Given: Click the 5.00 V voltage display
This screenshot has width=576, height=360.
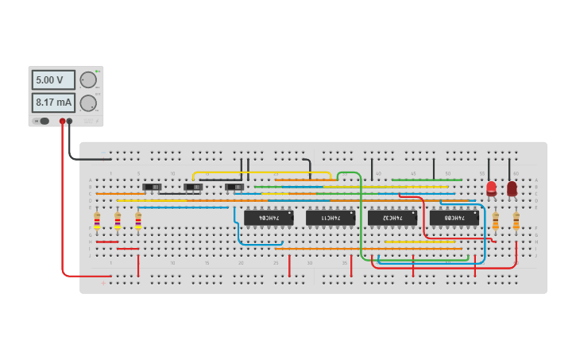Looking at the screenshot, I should point(53,80).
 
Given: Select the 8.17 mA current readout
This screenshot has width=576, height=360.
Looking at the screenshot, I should point(53,103).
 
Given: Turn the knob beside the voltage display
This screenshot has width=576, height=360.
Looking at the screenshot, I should point(88,80).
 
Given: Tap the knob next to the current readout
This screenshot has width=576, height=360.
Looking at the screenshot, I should point(88,103).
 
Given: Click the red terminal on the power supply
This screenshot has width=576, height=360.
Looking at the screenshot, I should point(62,122).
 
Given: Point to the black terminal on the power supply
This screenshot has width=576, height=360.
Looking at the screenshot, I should point(70,122).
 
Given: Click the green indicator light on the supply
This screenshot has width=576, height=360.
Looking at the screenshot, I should point(97,72).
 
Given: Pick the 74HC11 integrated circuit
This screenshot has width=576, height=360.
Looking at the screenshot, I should point(330,217).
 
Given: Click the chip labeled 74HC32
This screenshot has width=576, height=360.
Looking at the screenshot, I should point(392,217).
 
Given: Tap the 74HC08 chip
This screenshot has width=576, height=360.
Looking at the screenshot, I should point(454,217).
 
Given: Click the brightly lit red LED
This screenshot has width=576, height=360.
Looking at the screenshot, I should point(491,188).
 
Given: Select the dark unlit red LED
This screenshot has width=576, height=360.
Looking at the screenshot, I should point(512,188).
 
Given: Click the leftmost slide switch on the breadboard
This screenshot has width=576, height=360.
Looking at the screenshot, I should point(152,188).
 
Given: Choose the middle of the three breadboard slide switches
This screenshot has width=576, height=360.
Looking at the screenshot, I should point(193,188).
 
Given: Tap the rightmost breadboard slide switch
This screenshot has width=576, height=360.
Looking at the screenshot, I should point(234,188).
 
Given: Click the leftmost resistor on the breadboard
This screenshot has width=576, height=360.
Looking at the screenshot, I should point(97,220).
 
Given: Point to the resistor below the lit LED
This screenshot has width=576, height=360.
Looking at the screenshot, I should point(496,220).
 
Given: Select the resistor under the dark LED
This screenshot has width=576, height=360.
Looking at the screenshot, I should point(516,220).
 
